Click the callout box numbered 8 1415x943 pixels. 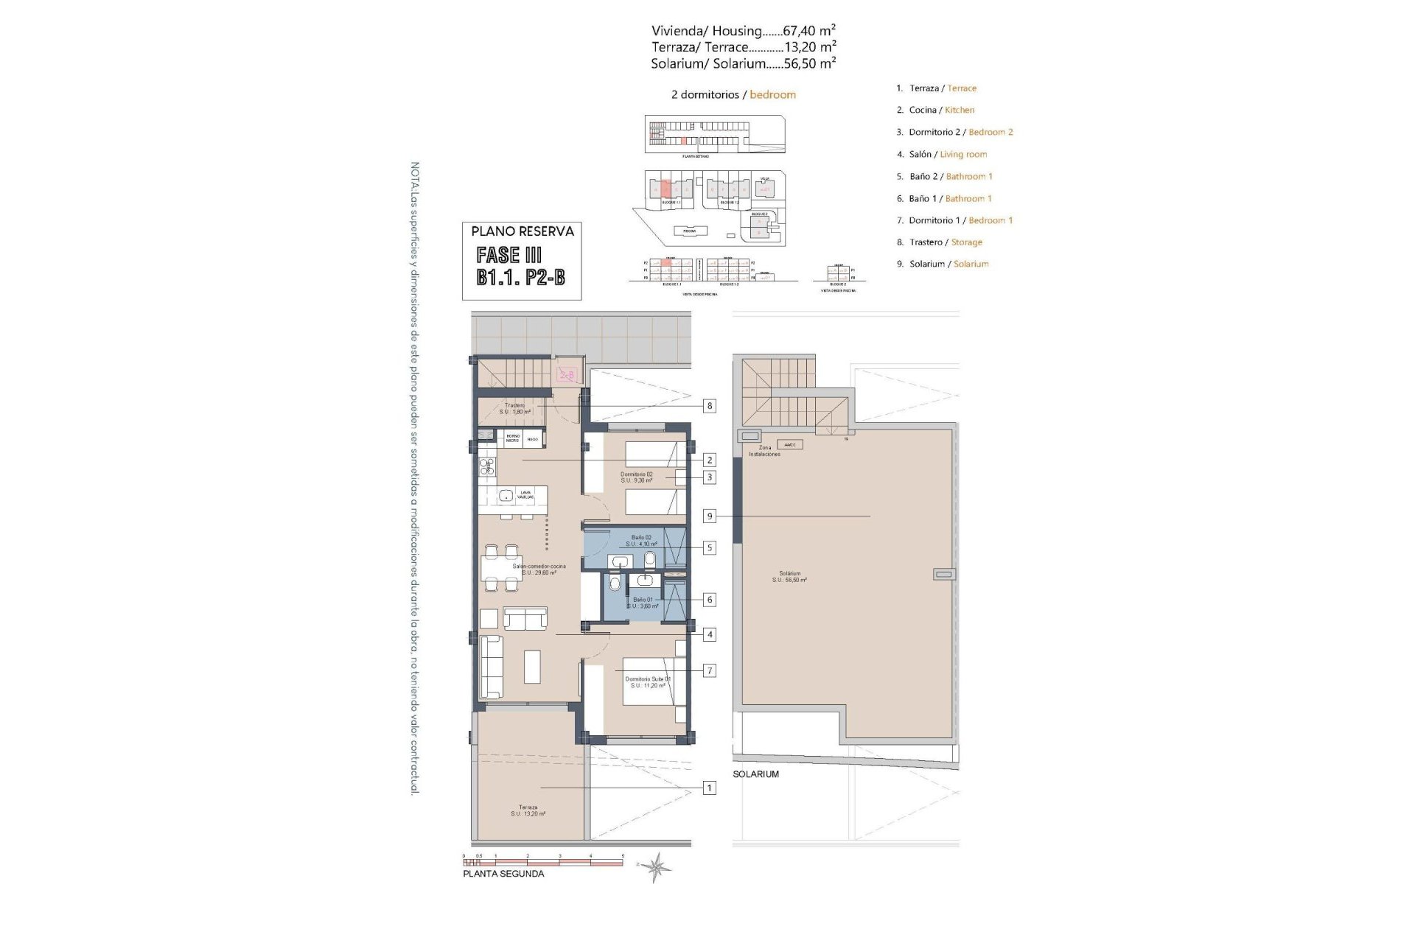709,406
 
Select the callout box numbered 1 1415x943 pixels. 709,788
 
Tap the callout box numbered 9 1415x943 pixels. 709,516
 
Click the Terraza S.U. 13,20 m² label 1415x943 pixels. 528,810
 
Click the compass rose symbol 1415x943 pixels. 654,867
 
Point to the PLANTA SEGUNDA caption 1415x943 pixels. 503,874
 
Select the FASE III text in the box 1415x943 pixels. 509,255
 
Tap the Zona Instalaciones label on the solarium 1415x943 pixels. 764,451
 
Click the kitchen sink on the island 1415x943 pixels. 507,496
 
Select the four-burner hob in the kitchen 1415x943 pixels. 487,465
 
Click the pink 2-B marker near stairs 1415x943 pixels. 567,375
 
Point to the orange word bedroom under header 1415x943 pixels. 772,94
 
